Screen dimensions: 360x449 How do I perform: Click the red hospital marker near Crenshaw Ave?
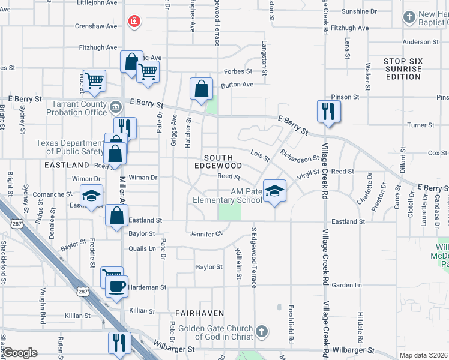134,22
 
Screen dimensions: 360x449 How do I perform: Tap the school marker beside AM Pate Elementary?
275,191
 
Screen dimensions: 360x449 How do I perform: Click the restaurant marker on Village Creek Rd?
328,111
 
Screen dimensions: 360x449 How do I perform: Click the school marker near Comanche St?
92,196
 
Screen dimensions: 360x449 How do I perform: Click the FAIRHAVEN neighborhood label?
200,313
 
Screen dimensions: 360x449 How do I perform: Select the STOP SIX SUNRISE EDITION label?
403,69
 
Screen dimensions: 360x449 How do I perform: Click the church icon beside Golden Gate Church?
261,331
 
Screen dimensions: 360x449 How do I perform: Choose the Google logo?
20,353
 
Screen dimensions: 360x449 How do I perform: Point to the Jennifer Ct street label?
205,233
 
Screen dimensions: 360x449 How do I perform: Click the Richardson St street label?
300,159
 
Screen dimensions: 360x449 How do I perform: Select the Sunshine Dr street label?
359,11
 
